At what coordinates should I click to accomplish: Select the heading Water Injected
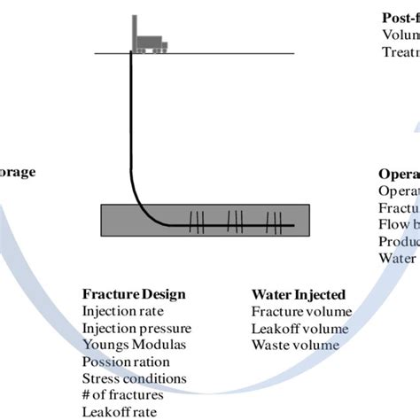click(299, 295)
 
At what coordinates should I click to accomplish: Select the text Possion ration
click(125, 362)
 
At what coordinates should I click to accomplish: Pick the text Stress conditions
click(134, 379)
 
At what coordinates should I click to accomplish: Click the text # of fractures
click(122, 396)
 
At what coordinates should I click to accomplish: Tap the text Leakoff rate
click(117, 412)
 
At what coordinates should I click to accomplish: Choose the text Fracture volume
click(301, 312)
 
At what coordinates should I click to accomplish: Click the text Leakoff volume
click(299, 329)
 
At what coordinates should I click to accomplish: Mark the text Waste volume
click(295, 346)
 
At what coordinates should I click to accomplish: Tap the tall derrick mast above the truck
click(134, 32)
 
